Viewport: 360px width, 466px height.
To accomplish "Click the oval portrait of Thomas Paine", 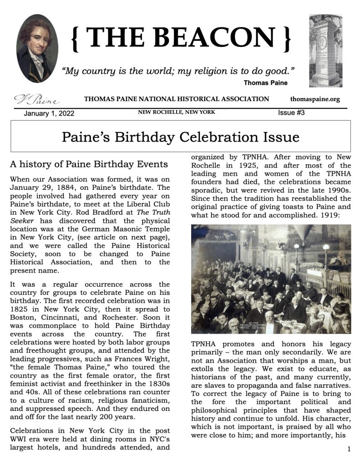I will click(36, 48).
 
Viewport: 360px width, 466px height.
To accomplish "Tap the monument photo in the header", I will click(325, 51).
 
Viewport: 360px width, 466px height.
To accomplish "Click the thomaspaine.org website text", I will click(315, 99).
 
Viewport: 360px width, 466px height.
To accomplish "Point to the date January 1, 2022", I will click(49, 113).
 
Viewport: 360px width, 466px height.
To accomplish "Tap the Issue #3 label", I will click(291, 113).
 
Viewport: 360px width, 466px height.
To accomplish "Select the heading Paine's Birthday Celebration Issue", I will click(180, 137).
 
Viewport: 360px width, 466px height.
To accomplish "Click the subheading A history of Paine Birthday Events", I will click(89, 164).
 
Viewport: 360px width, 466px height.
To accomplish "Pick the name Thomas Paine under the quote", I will click(265, 83).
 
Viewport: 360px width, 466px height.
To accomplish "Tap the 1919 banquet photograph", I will click(271, 279).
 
